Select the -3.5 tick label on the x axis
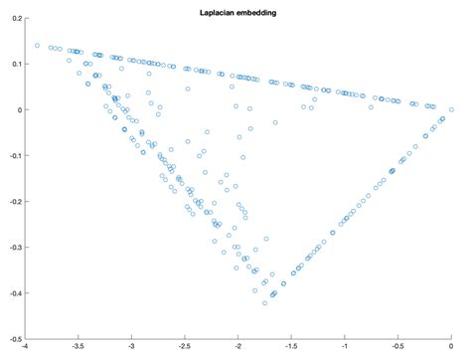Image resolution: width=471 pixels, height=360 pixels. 78,348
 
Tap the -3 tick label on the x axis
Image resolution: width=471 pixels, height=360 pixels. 132,348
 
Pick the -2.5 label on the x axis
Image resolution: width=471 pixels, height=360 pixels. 185,348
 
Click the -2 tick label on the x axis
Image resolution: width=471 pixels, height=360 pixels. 238,348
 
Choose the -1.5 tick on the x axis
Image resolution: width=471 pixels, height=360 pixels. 291,348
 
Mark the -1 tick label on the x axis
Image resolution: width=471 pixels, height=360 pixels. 345,348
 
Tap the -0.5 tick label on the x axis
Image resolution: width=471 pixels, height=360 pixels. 397,348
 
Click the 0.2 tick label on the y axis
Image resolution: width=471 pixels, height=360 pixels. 17,18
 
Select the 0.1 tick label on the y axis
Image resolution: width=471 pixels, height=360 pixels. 17,64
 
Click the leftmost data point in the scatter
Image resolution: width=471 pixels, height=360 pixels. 37,45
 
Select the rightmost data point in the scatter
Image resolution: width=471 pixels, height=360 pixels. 451,109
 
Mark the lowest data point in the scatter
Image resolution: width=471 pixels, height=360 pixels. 264,302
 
